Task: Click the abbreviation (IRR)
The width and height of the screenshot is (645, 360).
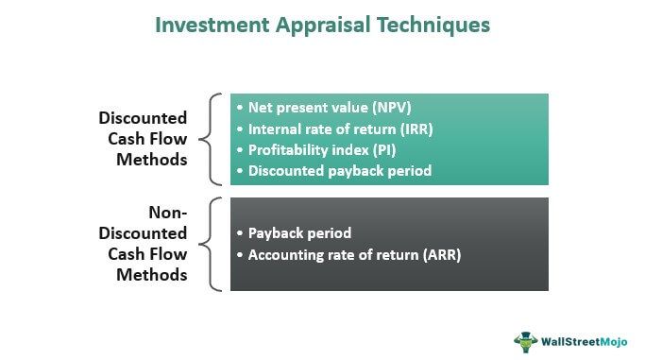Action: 416,129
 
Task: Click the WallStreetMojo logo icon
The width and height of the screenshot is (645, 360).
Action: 527,338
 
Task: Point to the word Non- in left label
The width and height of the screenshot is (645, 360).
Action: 168,213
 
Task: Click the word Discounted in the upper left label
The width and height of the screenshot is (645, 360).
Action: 143,118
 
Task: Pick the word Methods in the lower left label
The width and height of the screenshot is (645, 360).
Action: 151,275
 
